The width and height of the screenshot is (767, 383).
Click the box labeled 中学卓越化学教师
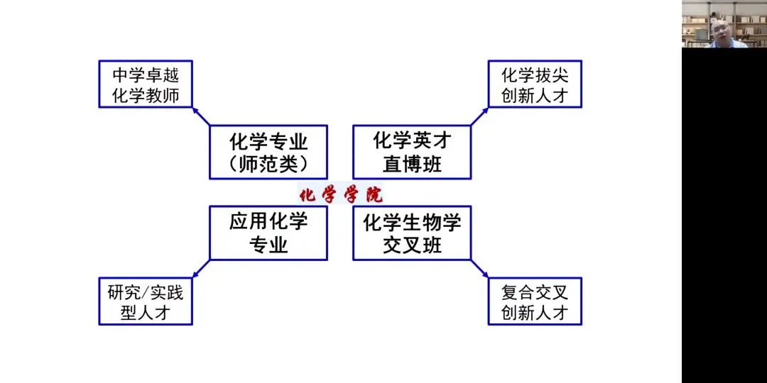coord(145,84)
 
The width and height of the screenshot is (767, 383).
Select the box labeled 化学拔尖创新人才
coord(535,84)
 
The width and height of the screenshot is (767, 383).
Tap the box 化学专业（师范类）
coord(268,152)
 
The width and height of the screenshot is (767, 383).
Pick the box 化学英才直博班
coord(412,152)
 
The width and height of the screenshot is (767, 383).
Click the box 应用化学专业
coord(268,233)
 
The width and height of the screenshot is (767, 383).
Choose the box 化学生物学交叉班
coord(412,233)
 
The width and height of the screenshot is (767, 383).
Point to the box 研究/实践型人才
coord(145,301)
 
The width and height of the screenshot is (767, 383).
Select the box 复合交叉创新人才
coord(535,301)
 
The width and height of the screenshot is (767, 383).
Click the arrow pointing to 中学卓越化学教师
coord(201,117)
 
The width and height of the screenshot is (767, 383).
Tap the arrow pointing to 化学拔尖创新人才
coord(479,116)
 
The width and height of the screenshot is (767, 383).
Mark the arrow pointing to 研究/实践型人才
coord(201,269)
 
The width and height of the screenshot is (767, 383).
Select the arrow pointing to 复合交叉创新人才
coord(479,269)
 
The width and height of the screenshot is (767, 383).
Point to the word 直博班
coord(412,165)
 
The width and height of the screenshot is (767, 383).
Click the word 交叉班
coord(412,245)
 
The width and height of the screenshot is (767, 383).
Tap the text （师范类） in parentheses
coord(268,165)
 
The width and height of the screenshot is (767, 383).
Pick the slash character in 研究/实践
coord(145,292)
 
